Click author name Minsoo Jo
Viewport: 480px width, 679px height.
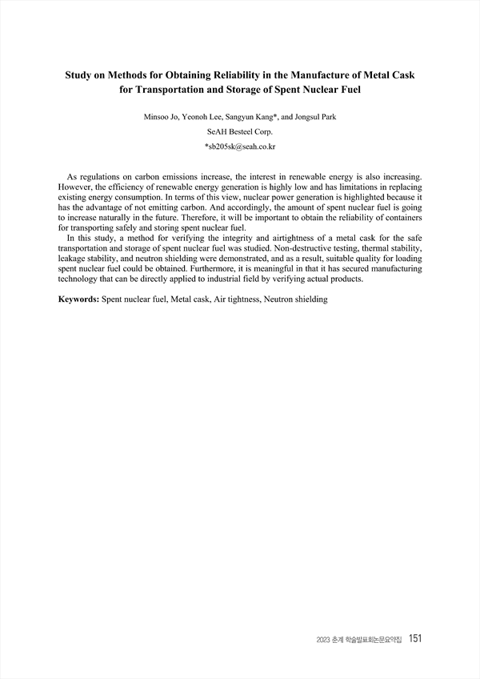(x=160, y=117)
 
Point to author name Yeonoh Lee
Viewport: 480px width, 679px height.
(x=203, y=117)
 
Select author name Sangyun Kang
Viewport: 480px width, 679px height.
(x=252, y=117)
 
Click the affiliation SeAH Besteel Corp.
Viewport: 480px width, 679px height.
(x=240, y=133)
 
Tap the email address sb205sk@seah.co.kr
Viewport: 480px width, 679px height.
(x=241, y=148)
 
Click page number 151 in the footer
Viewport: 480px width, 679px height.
(x=414, y=638)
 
